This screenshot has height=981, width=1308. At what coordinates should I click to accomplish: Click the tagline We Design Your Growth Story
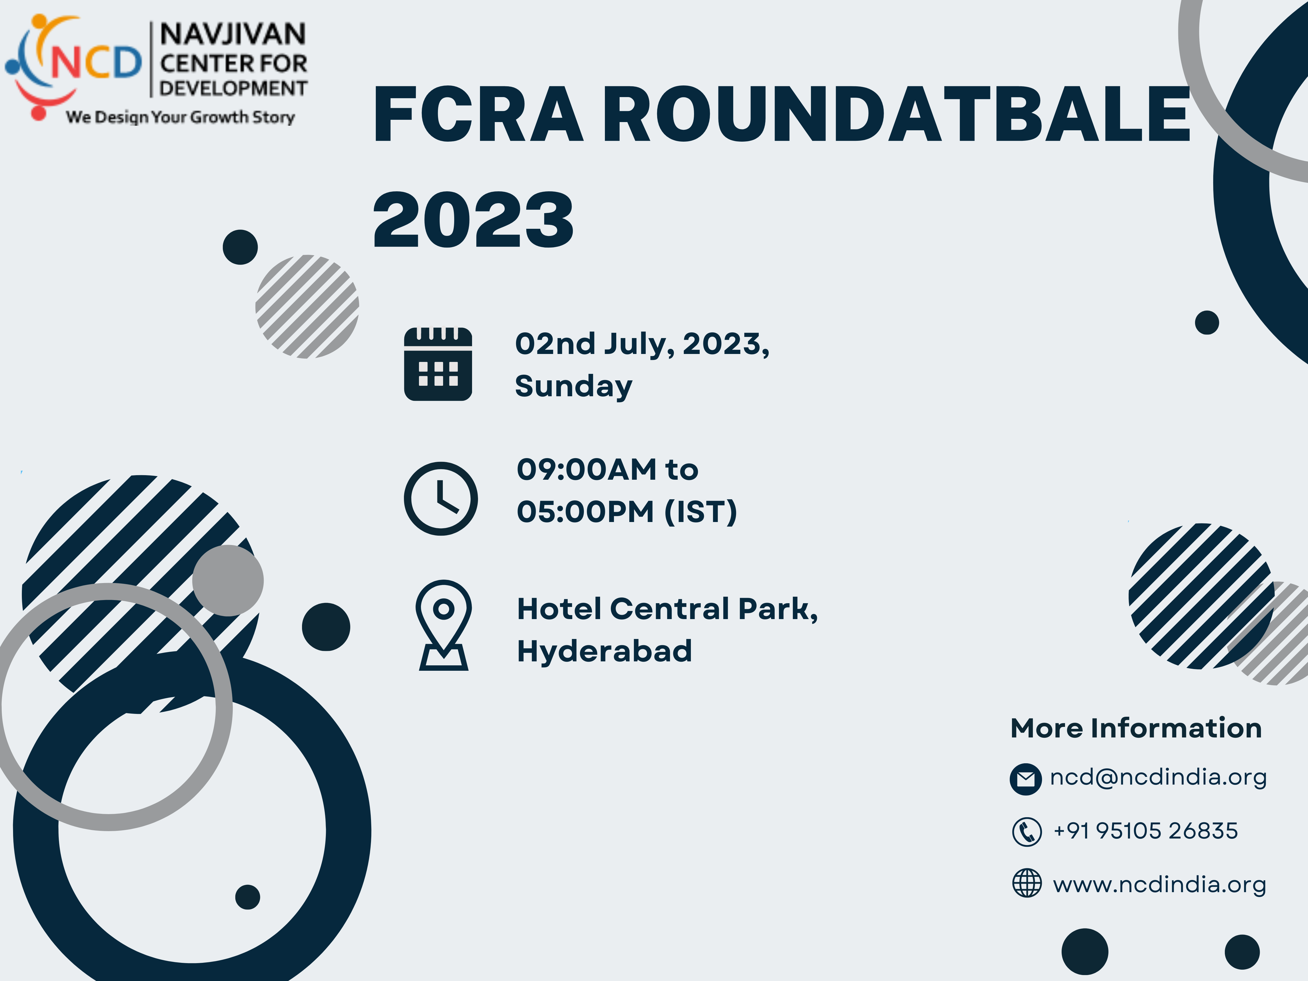(180, 117)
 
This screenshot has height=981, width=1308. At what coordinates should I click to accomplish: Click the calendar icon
(438, 364)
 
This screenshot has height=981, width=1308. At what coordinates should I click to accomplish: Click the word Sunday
(574, 386)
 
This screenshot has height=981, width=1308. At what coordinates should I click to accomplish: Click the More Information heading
(1136, 728)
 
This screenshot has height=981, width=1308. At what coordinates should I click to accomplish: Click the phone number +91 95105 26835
(1145, 831)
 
